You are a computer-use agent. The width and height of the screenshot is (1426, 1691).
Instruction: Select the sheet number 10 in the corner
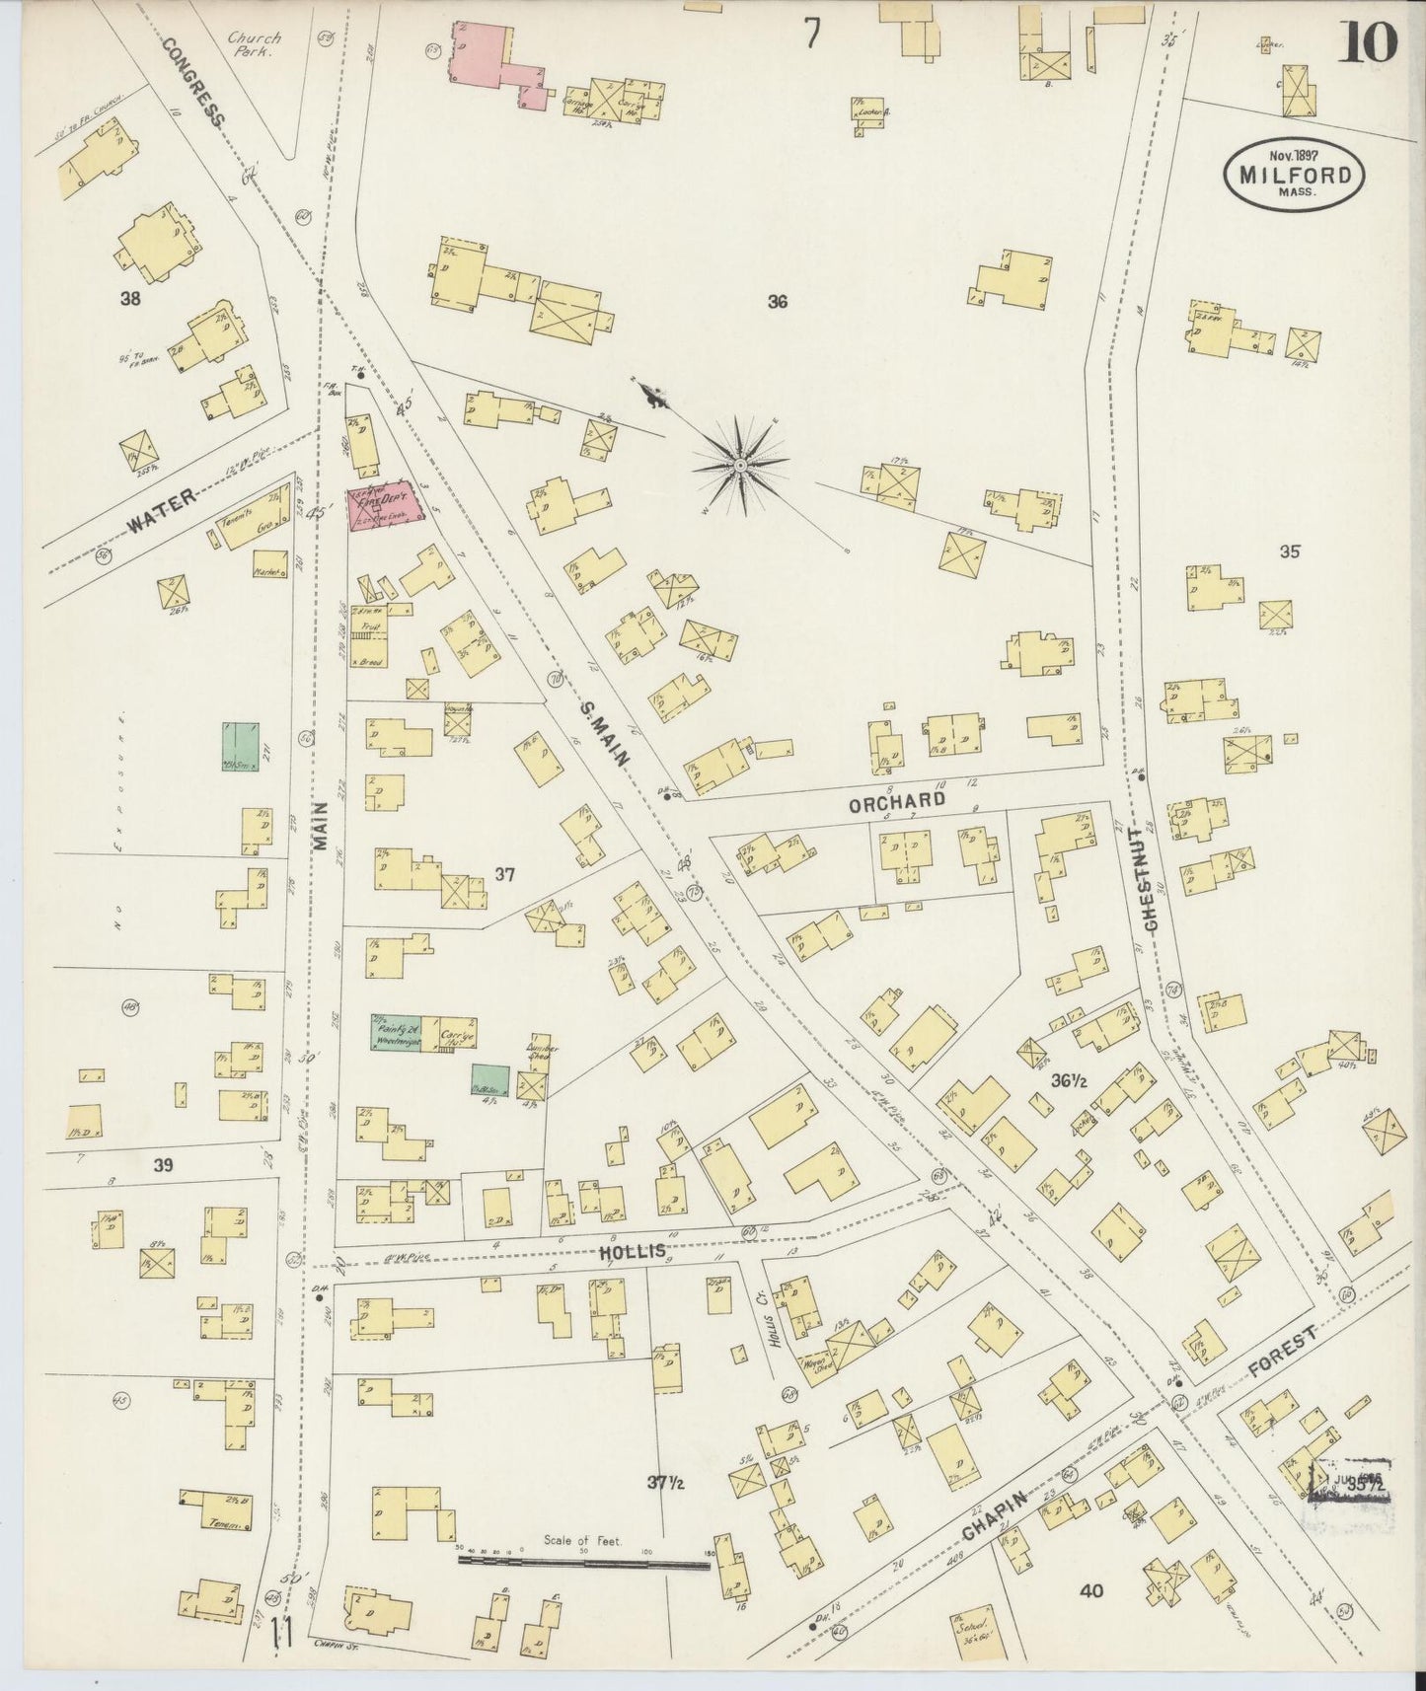point(1368,42)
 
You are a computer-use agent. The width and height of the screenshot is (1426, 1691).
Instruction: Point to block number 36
point(778,302)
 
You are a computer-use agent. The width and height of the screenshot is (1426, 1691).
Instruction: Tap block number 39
point(163,1165)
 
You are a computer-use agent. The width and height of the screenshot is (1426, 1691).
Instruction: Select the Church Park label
point(254,45)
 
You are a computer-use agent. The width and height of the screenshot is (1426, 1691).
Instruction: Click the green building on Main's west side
point(240,747)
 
